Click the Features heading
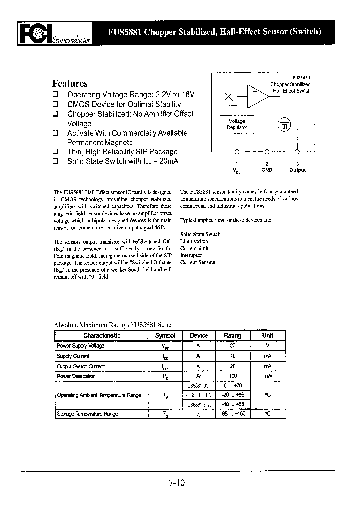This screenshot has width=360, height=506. (70, 84)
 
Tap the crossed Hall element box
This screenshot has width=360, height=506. (229, 97)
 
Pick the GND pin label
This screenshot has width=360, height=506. (267, 170)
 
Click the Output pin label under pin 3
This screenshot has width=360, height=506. (297, 170)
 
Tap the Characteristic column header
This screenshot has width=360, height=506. (102, 336)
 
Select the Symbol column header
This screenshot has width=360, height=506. (165, 336)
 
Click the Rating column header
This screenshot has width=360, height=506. (232, 336)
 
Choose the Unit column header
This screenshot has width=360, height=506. (268, 336)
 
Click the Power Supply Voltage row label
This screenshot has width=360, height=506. (81, 346)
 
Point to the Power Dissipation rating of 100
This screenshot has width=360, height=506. (232, 376)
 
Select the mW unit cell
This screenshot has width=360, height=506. (268, 376)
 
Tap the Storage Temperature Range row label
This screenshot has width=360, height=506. (87, 414)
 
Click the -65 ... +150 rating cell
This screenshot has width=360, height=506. (232, 414)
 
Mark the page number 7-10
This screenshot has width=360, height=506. (177, 483)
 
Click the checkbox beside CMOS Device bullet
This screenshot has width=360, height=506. (56, 104)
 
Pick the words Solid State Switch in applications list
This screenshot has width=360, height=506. (200, 234)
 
